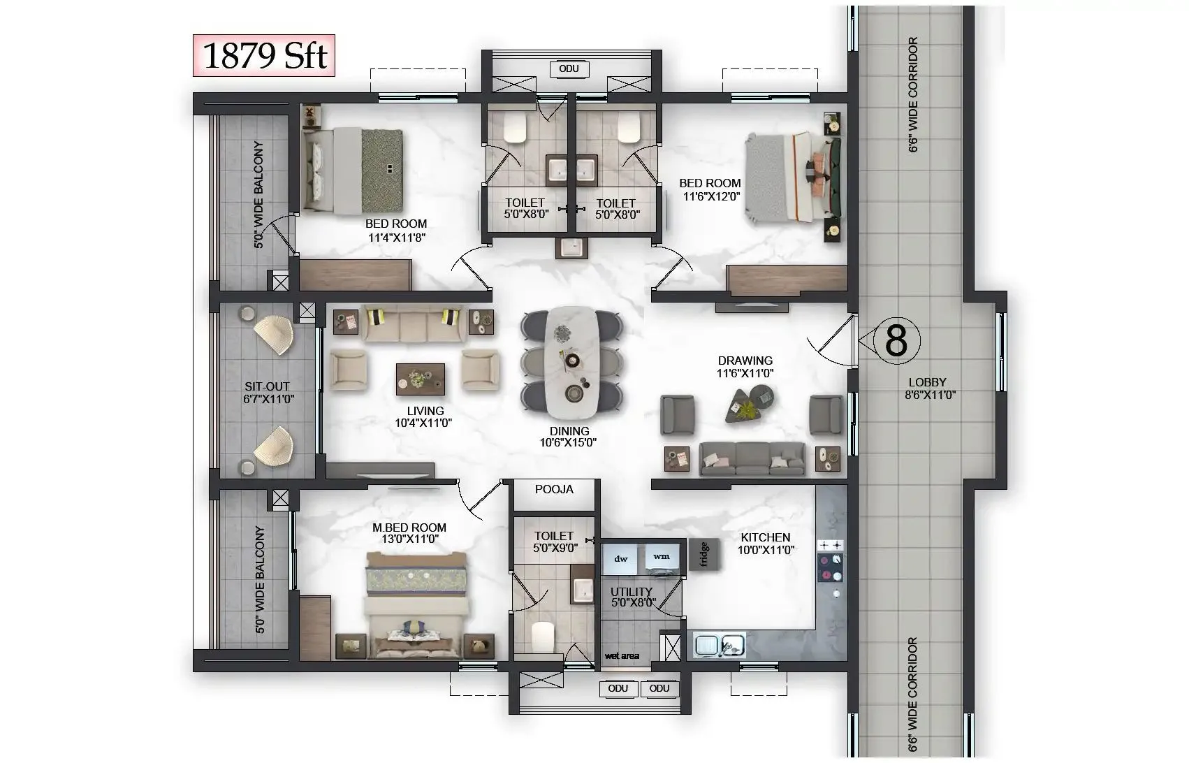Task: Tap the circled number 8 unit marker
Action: click(x=896, y=341)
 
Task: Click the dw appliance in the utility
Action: click(x=621, y=558)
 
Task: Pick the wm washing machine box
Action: click(x=661, y=557)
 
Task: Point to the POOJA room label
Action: click(x=554, y=489)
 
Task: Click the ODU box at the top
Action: click(x=569, y=68)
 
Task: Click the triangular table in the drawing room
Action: click(x=745, y=405)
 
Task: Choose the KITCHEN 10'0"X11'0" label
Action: click(x=766, y=543)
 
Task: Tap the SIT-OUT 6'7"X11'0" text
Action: click(x=267, y=392)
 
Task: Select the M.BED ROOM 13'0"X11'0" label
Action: click(x=409, y=533)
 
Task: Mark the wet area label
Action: click(x=621, y=655)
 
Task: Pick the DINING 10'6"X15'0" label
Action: click(x=569, y=437)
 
